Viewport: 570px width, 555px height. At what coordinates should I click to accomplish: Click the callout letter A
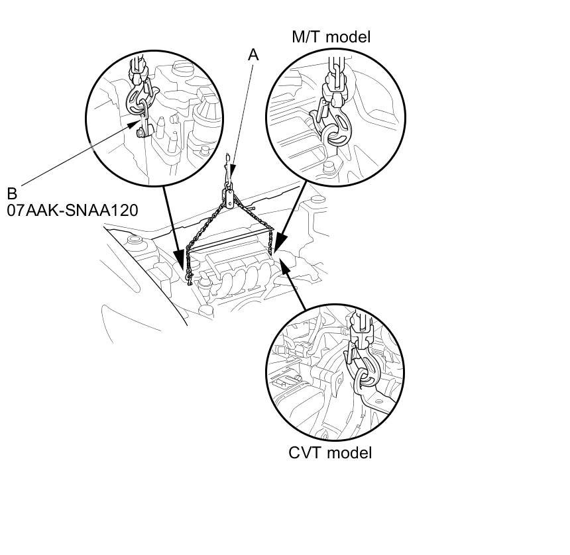coord(253,55)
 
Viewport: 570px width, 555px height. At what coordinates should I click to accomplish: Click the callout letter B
coord(12,194)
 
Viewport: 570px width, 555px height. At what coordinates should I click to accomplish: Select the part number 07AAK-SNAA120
coord(73,211)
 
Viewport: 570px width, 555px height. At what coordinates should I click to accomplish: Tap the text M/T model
coord(331,37)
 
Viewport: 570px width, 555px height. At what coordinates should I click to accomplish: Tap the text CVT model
coord(330,453)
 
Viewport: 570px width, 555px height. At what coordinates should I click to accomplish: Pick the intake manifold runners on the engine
coord(242,275)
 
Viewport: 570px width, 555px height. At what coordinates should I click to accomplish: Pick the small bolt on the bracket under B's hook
coord(141,132)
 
